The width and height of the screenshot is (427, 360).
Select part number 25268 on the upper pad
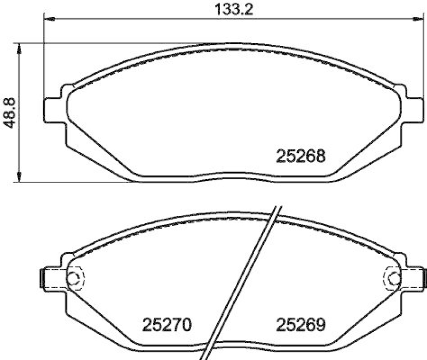click(x=301, y=156)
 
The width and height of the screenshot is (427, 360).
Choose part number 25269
click(x=301, y=324)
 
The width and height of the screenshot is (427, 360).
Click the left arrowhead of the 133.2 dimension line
click(x=48, y=20)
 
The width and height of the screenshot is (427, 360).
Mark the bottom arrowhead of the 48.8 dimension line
click(x=20, y=178)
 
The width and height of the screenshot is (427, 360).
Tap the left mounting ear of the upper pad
click(x=52, y=109)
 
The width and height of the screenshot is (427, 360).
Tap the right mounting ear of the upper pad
click(x=411, y=109)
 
